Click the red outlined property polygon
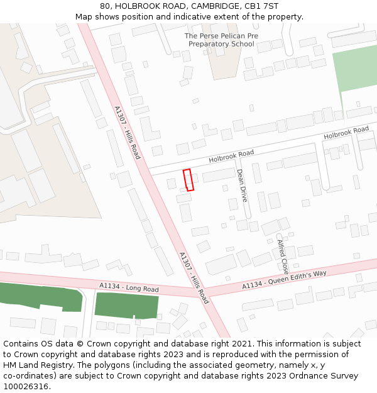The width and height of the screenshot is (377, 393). (x=188, y=180)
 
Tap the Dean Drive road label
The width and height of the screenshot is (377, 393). (x=242, y=185)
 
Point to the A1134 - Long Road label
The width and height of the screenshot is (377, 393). (x=129, y=287)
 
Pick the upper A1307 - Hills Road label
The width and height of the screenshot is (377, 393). (x=127, y=132)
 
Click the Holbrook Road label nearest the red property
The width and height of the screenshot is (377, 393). (x=231, y=153)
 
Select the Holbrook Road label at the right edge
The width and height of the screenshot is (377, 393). (x=346, y=133)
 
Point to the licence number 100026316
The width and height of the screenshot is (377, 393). (x=26, y=387)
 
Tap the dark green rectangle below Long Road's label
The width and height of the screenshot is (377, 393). (x=126, y=306)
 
